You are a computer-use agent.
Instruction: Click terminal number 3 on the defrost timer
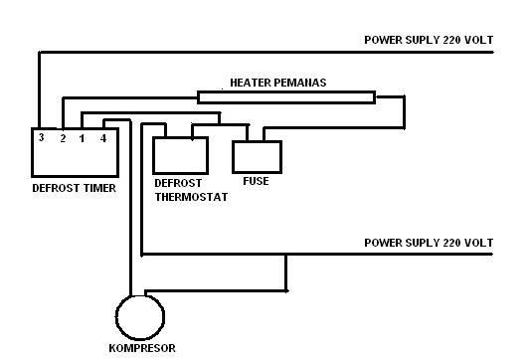pyautogui.click(x=41, y=137)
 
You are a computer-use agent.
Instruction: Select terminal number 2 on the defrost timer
pyautogui.click(x=62, y=138)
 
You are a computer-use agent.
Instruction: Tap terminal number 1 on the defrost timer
pyautogui.click(x=82, y=138)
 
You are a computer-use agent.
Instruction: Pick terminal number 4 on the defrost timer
pyautogui.click(x=103, y=138)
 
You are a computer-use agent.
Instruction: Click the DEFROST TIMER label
pyautogui.click(x=74, y=187)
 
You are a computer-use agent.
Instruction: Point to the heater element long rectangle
pyautogui.click(x=285, y=97)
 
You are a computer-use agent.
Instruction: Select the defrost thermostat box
pyautogui.click(x=180, y=156)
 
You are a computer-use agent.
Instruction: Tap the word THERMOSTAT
pyautogui.click(x=191, y=197)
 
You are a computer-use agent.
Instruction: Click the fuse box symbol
pyautogui.click(x=257, y=156)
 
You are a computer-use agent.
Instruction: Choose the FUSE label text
pyautogui.click(x=256, y=182)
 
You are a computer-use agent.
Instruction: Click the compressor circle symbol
pyautogui.click(x=139, y=316)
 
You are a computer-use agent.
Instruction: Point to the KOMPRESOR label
pyautogui.click(x=141, y=349)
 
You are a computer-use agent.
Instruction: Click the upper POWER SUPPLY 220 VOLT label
pyautogui.click(x=429, y=40)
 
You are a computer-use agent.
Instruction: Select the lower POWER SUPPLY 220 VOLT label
pyautogui.click(x=429, y=243)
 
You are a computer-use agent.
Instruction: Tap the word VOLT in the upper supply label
pyautogui.click(x=476, y=40)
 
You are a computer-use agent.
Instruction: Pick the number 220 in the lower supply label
pyautogui.click(x=446, y=243)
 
